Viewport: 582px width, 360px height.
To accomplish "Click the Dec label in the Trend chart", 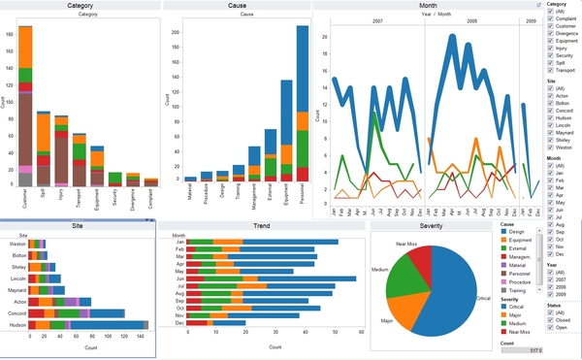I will pos(178,324).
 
